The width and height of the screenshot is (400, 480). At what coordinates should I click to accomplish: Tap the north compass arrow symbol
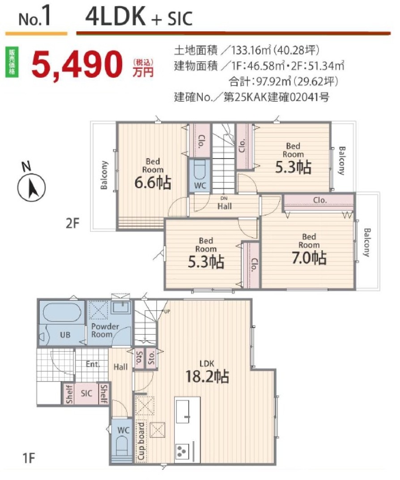point(32,187)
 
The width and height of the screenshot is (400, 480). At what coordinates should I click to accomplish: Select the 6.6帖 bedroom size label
point(153,183)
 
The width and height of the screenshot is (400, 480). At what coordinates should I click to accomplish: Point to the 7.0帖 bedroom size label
point(309,258)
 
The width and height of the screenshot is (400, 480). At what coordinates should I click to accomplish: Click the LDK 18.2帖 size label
point(207,376)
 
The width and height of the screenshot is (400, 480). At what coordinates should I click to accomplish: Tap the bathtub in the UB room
point(62,312)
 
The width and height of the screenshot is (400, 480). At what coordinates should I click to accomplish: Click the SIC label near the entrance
point(86,393)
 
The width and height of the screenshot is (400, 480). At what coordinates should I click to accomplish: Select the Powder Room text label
point(105,330)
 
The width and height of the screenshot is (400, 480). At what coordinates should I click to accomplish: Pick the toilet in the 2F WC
point(200,170)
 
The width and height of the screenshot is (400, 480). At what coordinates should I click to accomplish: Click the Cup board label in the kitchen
point(141,441)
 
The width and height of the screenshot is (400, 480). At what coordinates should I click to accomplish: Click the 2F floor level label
point(72,223)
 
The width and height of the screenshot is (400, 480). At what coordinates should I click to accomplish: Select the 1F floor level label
point(29,459)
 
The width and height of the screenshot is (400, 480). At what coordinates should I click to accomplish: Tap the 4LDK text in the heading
point(115,16)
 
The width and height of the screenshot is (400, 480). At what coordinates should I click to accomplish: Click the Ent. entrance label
point(93,364)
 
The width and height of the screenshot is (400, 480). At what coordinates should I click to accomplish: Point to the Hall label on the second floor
point(224,206)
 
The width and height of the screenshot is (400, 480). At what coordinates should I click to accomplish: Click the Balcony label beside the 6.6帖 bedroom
point(104,175)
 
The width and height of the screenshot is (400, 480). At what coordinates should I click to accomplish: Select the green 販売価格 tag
point(12,62)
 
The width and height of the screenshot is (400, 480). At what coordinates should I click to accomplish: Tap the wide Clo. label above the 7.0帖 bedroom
point(320,200)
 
